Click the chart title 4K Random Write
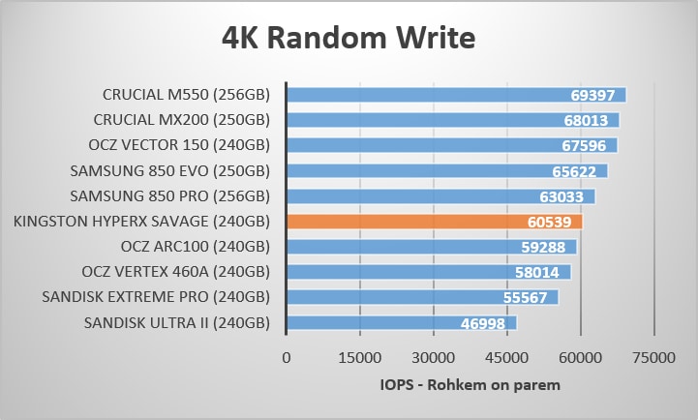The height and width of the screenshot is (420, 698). click(349, 38)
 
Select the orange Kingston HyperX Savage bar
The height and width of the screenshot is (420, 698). click(434, 222)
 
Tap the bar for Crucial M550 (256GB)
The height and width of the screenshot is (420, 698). click(456, 95)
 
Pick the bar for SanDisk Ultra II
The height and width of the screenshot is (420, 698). click(401, 323)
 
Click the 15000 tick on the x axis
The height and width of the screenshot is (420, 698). click(359, 358)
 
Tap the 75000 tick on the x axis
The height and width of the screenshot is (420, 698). click(653, 358)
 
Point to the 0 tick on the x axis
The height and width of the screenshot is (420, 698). click(286, 358)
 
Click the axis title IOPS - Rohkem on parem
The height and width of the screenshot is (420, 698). click(470, 384)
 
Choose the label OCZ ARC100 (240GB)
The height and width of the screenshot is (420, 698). click(196, 247)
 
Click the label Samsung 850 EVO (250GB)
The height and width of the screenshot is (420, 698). click(170, 171)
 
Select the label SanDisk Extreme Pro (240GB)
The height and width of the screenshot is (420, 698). click(156, 297)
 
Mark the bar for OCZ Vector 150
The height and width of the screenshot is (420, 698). click(451, 145)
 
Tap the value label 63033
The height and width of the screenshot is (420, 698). click(566, 196)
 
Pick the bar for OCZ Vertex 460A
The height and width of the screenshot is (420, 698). click(428, 272)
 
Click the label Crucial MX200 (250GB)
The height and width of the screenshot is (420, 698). click(182, 120)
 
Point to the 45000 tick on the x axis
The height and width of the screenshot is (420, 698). click(506, 358)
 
